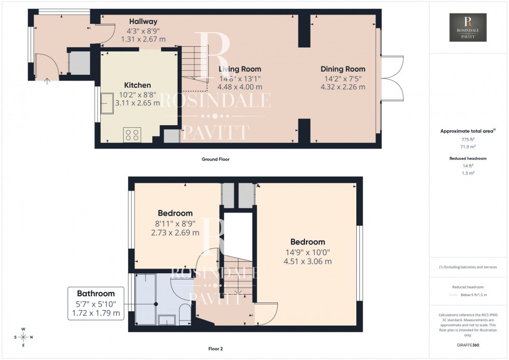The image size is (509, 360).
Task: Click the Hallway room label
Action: tap(143, 22)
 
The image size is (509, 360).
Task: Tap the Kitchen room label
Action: tap(137, 85)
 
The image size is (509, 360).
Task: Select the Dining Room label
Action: tap(343, 69)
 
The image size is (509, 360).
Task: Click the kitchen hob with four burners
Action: tap(131, 135)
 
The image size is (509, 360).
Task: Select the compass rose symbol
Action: tap(23, 337)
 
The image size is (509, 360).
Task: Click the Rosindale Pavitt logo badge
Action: tap(468, 28)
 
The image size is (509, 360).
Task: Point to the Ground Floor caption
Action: tap(216, 159)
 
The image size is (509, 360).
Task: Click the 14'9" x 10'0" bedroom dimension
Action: tap(307, 252)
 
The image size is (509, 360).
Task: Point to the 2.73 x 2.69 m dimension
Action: tap(175, 233)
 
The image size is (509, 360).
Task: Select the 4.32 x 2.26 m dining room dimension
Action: tap(343, 87)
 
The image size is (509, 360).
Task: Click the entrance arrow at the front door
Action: tap(47, 81)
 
